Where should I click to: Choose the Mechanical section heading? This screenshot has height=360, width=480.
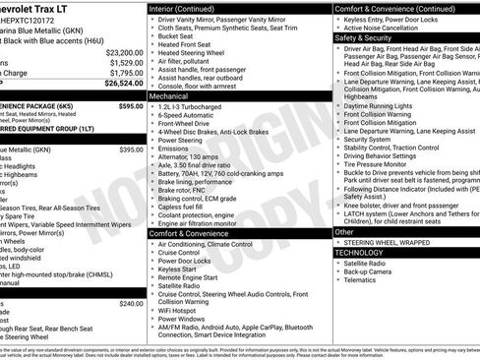170,97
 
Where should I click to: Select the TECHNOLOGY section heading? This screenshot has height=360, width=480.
358,253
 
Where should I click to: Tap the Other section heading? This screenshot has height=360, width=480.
344,232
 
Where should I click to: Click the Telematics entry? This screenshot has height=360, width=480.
362,281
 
